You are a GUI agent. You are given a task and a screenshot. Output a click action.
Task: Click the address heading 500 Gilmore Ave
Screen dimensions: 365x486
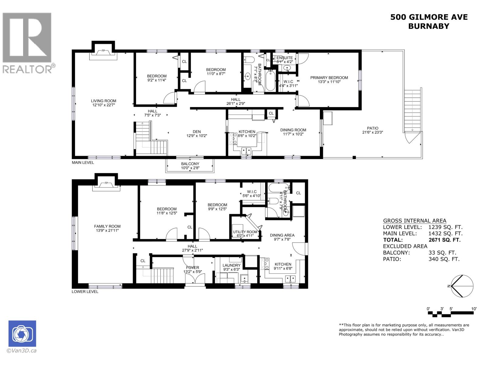pos(429,17)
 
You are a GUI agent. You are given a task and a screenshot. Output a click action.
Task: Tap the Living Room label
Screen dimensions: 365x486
pos(104,101)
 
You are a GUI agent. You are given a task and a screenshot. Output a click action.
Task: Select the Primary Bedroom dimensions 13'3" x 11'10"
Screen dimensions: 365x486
pos(329,82)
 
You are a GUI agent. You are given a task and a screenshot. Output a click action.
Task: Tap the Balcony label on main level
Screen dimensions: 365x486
pos(190,164)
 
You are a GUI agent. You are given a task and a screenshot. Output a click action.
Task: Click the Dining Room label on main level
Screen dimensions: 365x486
pos(293,130)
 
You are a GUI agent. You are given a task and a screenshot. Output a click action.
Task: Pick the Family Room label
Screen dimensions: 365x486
pos(107,226)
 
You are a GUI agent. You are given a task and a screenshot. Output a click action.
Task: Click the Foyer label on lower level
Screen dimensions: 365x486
pos(193,267)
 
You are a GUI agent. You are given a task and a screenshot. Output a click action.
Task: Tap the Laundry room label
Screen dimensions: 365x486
pos(231,265)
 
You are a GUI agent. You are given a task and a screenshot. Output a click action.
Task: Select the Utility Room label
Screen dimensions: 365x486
pos(245,232)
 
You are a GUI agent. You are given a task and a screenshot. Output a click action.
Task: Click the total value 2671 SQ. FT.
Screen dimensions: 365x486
pos(444,240)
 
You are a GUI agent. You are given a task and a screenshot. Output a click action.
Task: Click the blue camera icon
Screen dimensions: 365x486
pos(22,333)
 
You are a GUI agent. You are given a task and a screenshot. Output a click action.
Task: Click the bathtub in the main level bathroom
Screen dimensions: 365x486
pos(270,81)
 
